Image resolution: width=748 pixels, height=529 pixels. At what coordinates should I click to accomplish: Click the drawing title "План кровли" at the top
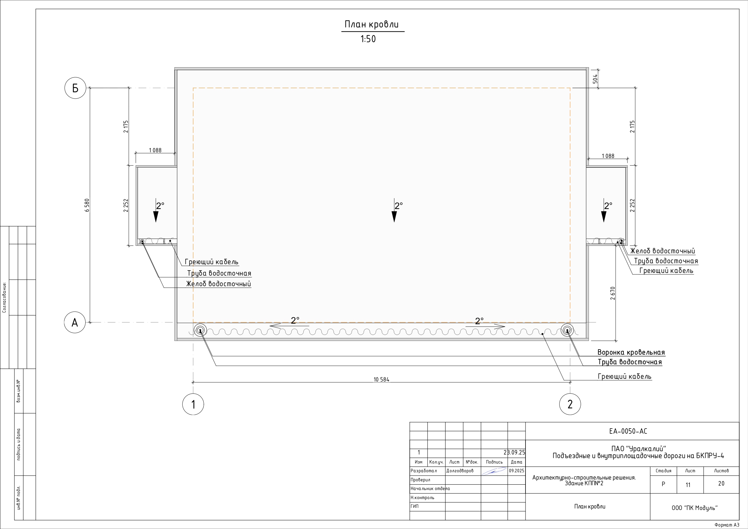pyautogui.click(x=371, y=24)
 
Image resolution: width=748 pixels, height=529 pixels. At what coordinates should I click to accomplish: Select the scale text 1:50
pyautogui.click(x=368, y=39)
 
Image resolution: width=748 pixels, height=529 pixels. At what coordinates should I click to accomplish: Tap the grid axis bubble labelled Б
pyautogui.click(x=75, y=88)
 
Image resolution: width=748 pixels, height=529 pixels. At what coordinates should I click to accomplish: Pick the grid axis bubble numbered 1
pyautogui.click(x=193, y=404)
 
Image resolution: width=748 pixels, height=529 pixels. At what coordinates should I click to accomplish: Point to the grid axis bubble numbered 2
pyautogui.click(x=570, y=404)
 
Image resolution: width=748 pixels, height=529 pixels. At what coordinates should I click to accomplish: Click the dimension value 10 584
pyautogui.click(x=381, y=379)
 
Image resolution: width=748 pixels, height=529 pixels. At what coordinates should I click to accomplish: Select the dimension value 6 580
pyautogui.click(x=87, y=205)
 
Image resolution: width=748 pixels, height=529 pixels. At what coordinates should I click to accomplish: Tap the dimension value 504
pyautogui.click(x=595, y=79)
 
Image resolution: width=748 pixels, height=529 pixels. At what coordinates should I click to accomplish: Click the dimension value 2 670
pyautogui.click(x=613, y=293)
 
